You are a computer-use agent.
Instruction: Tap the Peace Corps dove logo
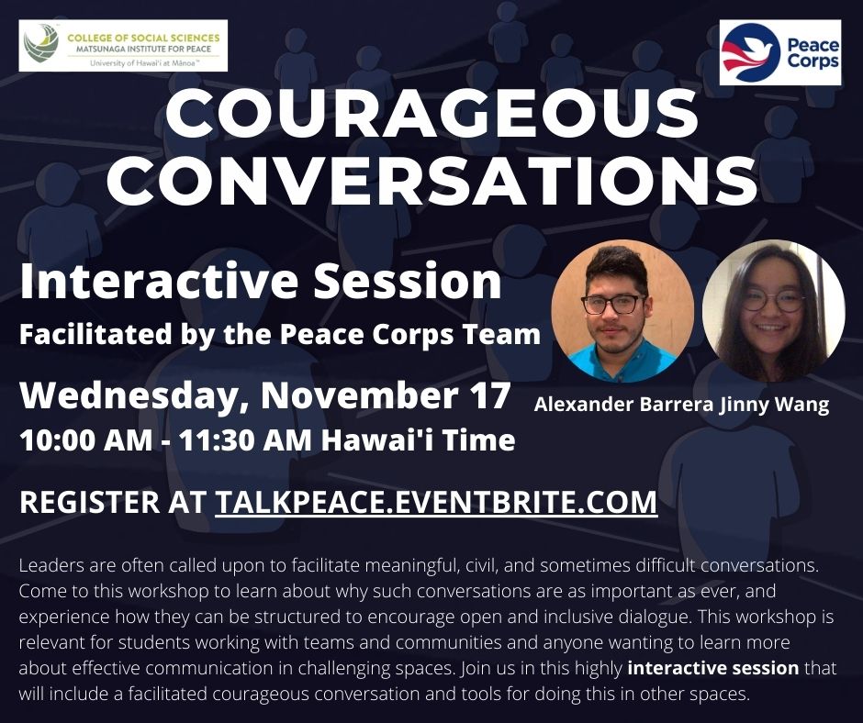750,53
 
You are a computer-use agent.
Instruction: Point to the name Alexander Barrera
624,405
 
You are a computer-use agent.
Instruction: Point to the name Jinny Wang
774,405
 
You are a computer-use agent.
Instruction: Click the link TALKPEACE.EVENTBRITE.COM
436,502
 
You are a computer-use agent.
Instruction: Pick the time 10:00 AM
86,440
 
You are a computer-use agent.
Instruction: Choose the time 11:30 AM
245,440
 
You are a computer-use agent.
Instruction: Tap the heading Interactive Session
261,281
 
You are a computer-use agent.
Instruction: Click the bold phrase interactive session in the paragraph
712,668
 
